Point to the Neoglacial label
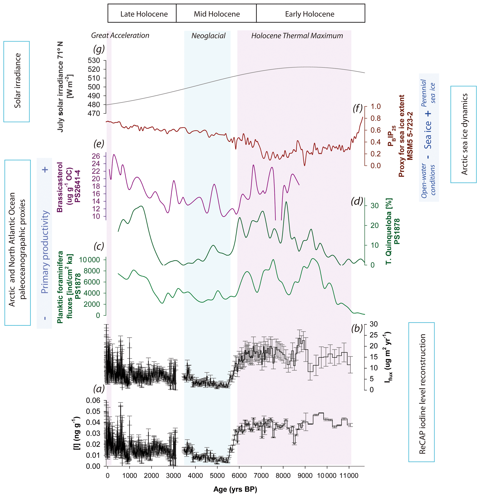[x=208, y=36]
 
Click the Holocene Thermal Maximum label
[x=297, y=36]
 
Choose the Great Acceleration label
[x=120, y=35]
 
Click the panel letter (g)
[x=99, y=49]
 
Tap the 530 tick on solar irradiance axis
[x=94, y=60]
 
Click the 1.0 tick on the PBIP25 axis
[x=376, y=106]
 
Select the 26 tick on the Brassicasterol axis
[x=96, y=156]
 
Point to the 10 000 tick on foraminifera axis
[x=90, y=260]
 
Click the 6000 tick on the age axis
[x=239, y=476]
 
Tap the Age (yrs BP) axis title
[x=235, y=489]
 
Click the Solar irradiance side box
[x=17, y=82]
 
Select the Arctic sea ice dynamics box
[x=463, y=134]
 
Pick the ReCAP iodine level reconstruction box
[x=421, y=392]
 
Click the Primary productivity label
[x=45, y=252]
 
